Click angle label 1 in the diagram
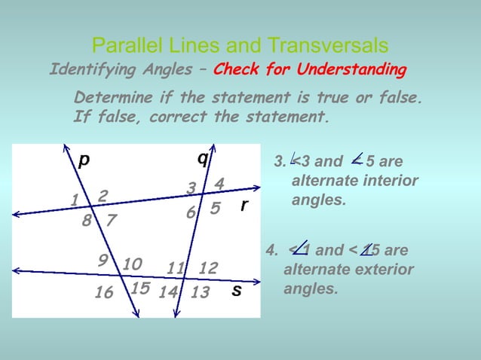click(x=75, y=200)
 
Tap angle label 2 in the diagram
click(x=103, y=196)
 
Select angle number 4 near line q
click(x=219, y=184)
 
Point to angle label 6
click(x=191, y=213)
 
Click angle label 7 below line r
click(x=111, y=221)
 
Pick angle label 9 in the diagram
click(x=103, y=260)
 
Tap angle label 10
click(x=132, y=264)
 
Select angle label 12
click(x=208, y=268)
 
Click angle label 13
click(x=200, y=293)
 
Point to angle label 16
click(x=104, y=293)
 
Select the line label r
click(x=244, y=206)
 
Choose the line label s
click(x=236, y=290)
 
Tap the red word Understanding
click(x=351, y=70)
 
